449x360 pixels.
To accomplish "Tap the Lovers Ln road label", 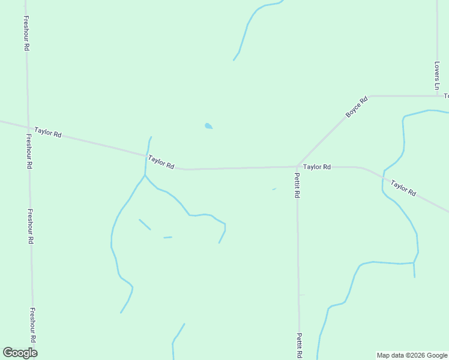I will [437, 76].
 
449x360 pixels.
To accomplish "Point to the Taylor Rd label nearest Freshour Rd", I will [48, 132].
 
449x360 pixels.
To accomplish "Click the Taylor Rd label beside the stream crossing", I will [161, 162].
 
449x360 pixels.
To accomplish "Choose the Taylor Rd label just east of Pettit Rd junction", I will [317, 167].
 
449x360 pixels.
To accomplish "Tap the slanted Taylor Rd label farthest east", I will [403, 188].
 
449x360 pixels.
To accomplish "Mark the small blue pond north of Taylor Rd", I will [208, 126].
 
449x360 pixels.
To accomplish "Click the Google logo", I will [20, 352].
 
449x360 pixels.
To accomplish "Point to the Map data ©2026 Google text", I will [412, 355].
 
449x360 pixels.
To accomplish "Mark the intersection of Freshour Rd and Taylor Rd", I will [28, 127].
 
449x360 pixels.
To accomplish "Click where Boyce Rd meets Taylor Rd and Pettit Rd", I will [297, 167].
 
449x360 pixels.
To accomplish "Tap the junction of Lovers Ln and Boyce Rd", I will [438, 95].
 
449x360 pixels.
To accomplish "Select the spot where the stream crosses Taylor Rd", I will [146, 157].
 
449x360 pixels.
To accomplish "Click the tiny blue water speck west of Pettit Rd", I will [274, 189].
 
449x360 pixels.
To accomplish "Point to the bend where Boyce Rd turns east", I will [370, 96].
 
